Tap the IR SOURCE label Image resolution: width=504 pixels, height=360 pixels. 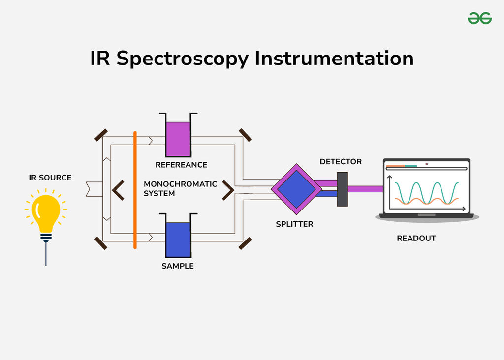[50, 178]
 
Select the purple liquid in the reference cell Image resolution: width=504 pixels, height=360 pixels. [178, 139]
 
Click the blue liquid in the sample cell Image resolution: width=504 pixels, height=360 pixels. [178, 240]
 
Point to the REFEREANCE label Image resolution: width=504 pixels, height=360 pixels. [181, 165]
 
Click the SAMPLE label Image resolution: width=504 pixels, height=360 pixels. [178, 266]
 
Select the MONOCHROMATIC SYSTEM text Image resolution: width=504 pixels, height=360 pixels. [180, 189]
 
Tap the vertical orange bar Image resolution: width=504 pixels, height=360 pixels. [135, 190]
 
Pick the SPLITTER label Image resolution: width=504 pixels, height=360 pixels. [294, 224]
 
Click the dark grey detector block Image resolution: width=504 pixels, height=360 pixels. [343, 189]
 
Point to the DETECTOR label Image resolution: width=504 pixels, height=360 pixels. [341, 162]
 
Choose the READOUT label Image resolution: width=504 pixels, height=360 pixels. [416, 239]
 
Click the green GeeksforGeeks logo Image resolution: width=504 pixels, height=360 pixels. [479, 18]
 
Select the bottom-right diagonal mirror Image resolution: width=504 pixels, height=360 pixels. [245, 243]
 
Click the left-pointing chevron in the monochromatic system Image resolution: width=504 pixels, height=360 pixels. [118, 190]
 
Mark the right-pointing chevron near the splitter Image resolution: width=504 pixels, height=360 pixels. [228, 190]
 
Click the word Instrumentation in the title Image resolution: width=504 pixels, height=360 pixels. [334, 59]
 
